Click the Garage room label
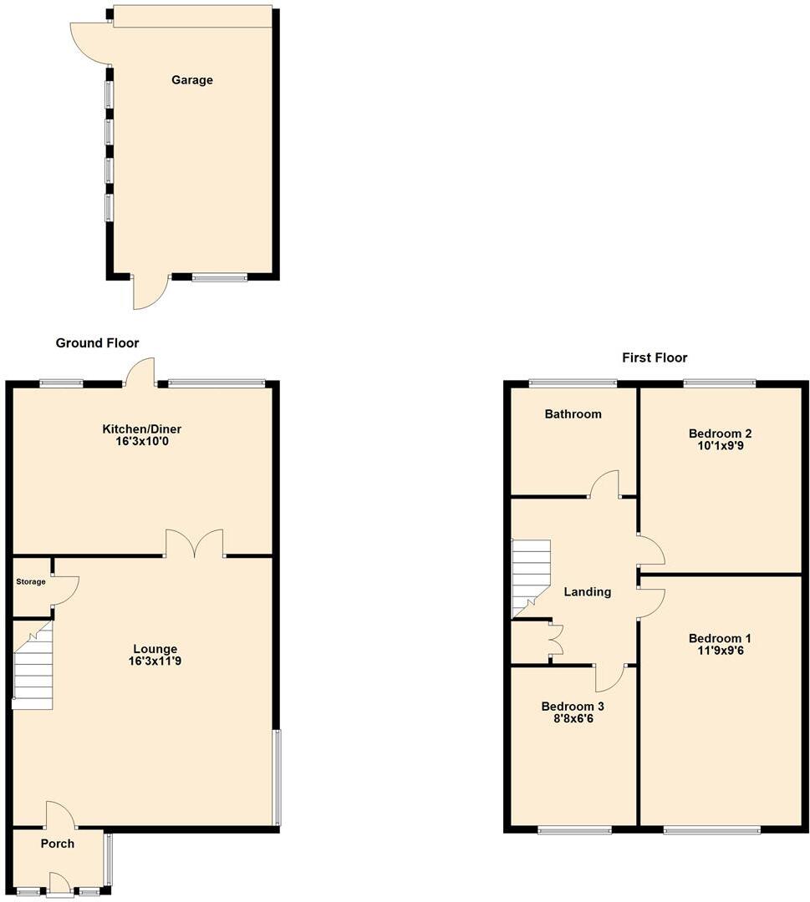pyautogui.click(x=192, y=80)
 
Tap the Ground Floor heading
pyautogui.click(x=97, y=343)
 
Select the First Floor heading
pyautogui.click(x=655, y=358)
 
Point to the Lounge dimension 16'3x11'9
pyautogui.click(x=155, y=661)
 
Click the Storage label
pyautogui.click(x=31, y=581)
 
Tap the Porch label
pyautogui.click(x=58, y=844)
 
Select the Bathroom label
pyautogui.click(x=573, y=414)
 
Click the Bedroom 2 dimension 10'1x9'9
pyautogui.click(x=720, y=446)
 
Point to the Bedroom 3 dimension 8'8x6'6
pyautogui.click(x=573, y=719)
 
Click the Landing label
pyautogui.click(x=588, y=592)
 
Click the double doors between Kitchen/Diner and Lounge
pyautogui.click(x=195, y=544)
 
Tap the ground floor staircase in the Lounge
pyautogui.click(x=33, y=668)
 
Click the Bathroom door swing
pyautogui.click(x=605, y=484)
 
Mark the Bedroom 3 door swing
pyautogui.click(x=610, y=677)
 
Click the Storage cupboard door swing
pyautogui.click(x=65, y=587)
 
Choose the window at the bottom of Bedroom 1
pyautogui.click(x=711, y=830)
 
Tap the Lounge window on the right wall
pyautogui.click(x=278, y=777)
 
